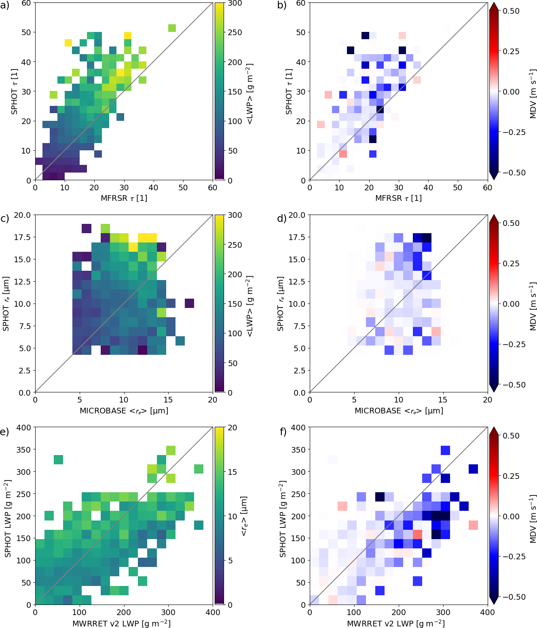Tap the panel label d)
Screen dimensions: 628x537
coord(281,219)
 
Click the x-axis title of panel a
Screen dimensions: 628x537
coord(124,198)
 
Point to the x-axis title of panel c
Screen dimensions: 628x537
coord(124,411)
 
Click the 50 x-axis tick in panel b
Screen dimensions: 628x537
coord(458,188)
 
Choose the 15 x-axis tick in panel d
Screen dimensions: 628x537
coord(443,400)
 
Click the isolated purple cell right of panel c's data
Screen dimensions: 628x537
coord(189,303)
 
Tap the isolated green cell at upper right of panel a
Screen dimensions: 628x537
coord(172,28)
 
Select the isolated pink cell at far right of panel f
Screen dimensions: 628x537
coord(473,525)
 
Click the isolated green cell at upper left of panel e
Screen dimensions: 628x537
coord(58,459)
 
